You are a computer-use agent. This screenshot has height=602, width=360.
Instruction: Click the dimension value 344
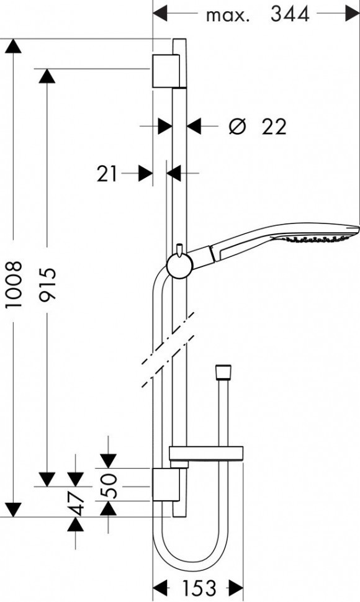click(x=289, y=14)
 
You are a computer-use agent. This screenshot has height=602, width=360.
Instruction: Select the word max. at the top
click(x=227, y=16)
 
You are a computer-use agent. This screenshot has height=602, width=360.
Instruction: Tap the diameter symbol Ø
click(x=237, y=127)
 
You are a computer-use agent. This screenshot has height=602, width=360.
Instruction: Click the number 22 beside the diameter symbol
click(x=274, y=127)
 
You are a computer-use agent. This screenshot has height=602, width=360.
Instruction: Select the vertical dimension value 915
click(x=47, y=284)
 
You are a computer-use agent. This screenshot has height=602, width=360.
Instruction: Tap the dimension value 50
click(x=109, y=484)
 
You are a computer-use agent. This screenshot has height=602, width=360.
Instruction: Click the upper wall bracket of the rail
click(x=166, y=70)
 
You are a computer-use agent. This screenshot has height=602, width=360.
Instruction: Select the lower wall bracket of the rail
click(x=166, y=485)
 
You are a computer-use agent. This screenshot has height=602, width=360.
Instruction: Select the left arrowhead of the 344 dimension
click(x=161, y=13)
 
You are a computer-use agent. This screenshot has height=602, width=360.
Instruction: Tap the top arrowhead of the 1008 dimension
click(x=13, y=46)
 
